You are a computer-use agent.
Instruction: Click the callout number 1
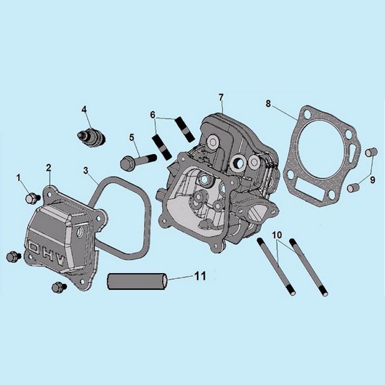click(x=18, y=178)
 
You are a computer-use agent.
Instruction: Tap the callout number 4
click(x=84, y=110)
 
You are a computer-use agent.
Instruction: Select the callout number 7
click(x=221, y=97)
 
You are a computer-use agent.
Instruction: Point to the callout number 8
click(x=268, y=104)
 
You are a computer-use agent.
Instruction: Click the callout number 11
click(x=200, y=276)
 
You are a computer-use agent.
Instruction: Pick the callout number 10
click(x=277, y=235)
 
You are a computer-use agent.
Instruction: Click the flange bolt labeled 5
click(x=138, y=161)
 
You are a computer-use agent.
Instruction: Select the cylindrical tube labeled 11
click(x=137, y=281)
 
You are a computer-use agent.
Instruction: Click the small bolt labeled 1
click(x=33, y=198)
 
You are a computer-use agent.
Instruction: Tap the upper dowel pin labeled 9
click(x=371, y=152)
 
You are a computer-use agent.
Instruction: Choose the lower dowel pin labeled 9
click(x=353, y=188)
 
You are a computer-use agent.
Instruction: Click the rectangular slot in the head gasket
click(x=309, y=188)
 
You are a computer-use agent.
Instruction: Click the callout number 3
click(x=86, y=171)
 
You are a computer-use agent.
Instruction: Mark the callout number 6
click(x=153, y=115)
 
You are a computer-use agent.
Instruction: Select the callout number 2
click(x=49, y=168)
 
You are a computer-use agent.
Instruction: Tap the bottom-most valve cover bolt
click(x=59, y=287)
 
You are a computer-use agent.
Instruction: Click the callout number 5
click(x=132, y=137)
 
